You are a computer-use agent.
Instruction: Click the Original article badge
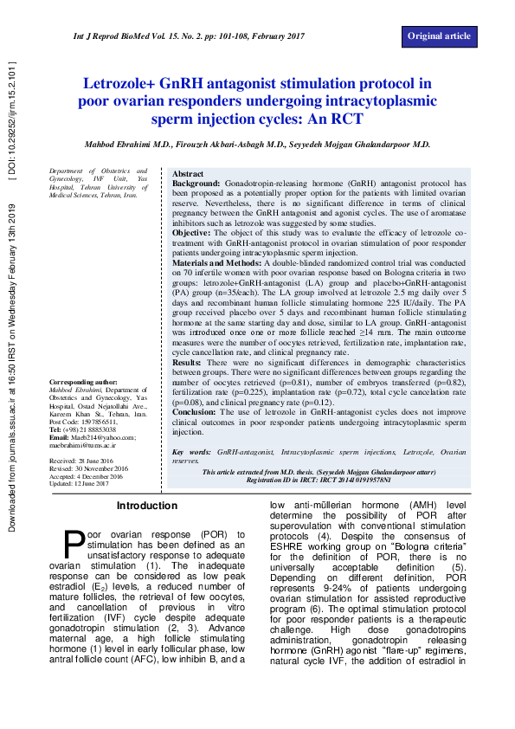pos(439,35)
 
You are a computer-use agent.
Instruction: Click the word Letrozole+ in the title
pos(125,84)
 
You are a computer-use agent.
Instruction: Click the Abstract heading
pos(188,174)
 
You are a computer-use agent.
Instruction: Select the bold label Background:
pos(196,184)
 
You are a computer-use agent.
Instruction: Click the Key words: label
pos(190,452)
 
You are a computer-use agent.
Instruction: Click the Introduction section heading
pos(147,506)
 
